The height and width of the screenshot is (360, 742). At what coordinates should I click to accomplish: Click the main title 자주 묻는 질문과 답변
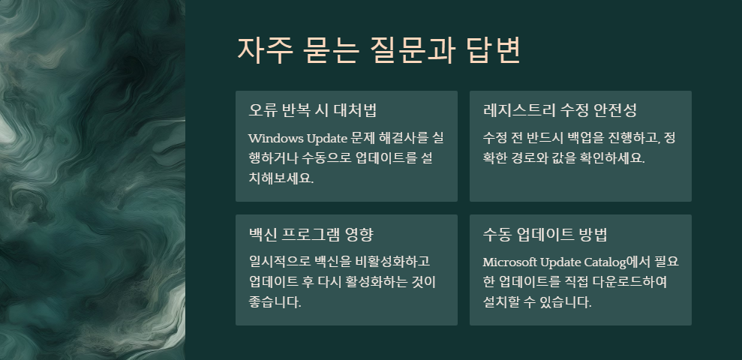point(379,49)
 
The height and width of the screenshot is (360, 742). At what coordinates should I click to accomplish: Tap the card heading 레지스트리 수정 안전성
point(560,110)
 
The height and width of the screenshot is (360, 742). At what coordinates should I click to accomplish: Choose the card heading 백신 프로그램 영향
point(311,233)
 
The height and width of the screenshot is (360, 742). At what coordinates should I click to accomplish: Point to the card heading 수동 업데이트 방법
point(550,233)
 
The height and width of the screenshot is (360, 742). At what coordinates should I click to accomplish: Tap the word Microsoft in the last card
point(511,262)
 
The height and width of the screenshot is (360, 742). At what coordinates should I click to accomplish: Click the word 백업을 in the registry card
point(584,138)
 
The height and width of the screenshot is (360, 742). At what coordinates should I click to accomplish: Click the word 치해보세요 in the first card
point(281,178)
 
